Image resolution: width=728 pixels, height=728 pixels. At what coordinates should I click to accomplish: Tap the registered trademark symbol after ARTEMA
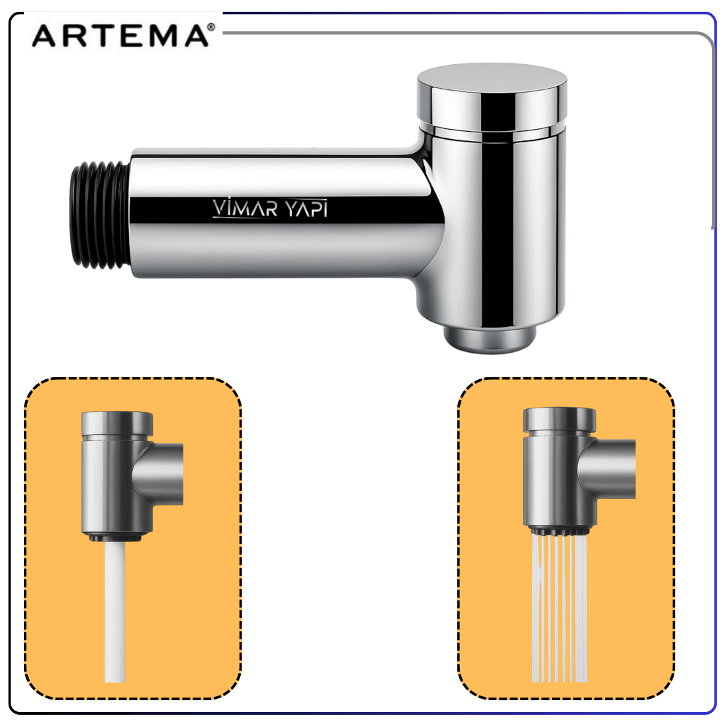[x=211, y=27]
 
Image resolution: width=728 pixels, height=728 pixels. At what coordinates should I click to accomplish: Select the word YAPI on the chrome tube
[x=306, y=208]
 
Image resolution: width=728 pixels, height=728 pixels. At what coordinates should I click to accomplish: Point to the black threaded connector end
[x=99, y=214]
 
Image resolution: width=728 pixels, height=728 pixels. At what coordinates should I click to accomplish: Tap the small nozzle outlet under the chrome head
[x=490, y=338]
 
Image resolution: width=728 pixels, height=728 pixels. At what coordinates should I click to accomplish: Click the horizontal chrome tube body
[x=283, y=214]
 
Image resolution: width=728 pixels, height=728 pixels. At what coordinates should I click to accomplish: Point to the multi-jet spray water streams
[x=559, y=608]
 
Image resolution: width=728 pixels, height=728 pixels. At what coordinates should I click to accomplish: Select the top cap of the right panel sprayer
[x=559, y=421]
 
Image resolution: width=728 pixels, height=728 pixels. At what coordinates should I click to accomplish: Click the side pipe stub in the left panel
[x=160, y=475]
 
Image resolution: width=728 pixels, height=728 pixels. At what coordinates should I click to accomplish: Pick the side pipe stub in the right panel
[x=608, y=469]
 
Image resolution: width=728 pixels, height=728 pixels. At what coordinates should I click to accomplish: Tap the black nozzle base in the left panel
[x=114, y=537]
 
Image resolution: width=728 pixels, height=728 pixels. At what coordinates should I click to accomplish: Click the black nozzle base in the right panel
[x=559, y=531]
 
